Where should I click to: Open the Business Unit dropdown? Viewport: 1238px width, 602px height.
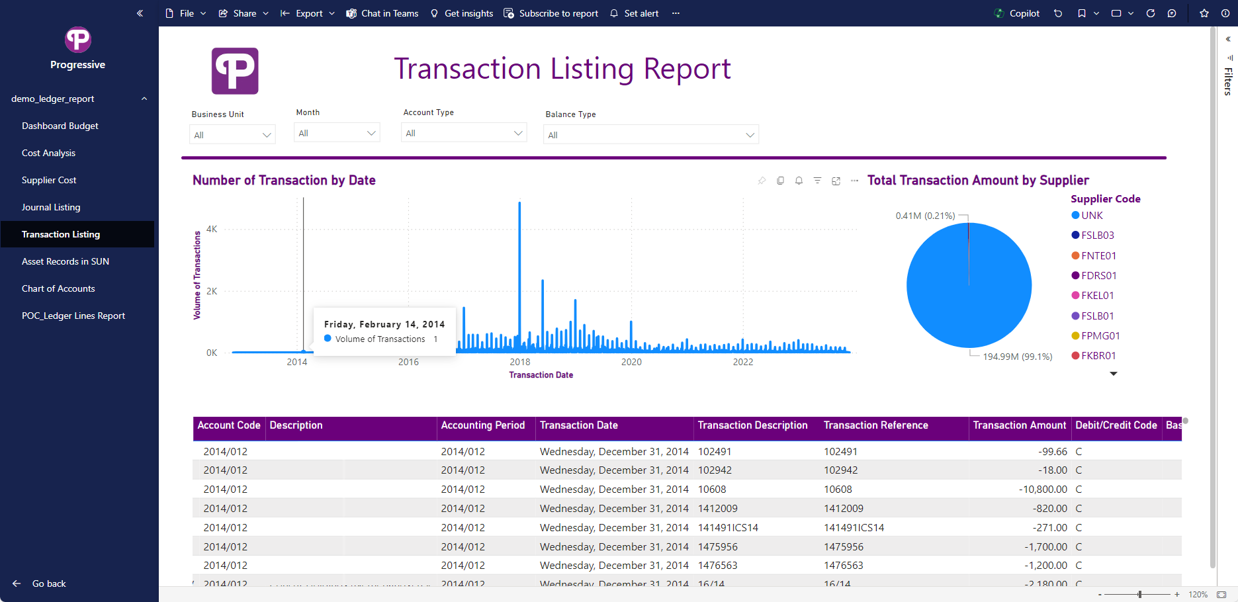pyautogui.click(x=232, y=135)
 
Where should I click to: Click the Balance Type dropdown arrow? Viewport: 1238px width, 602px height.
pyautogui.click(x=750, y=135)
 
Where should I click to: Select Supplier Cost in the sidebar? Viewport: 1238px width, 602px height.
pyautogui.click(x=49, y=180)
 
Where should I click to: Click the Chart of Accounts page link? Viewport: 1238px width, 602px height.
pyautogui.click(x=58, y=288)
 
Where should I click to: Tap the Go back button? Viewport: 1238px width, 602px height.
pyautogui.click(x=40, y=583)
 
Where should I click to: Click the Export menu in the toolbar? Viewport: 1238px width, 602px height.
pyautogui.click(x=308, y=13)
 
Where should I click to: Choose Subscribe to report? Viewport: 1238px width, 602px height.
pyautogui.click(x=551, y=13)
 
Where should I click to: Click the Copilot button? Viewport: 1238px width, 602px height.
pyautogui.click(x=1017, y=13)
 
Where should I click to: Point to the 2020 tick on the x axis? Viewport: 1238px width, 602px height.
pyautogui.click(x=631, y=362)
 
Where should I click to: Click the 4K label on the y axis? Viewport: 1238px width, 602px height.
pyautogui.click(x=212, y=230)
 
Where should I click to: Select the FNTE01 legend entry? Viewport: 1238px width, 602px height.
pyautogui.click(x=1098, y=256)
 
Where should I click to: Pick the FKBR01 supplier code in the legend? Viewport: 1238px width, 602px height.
pyautogui.click(x=1098, y=356)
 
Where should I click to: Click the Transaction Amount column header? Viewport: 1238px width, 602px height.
pyautogui.click(x=1019, y=425)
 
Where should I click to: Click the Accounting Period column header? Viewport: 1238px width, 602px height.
pyautogui.click(x=483, y=425)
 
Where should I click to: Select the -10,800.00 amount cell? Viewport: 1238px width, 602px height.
pyautogui.click(x=1043, y=490)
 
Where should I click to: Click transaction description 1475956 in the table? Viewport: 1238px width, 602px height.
pyautogui.click(x=718, y=547)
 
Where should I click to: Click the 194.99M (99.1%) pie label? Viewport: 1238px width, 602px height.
pyautogui.click(x=1017, y=357)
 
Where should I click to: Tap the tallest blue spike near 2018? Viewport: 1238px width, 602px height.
pyautogui.click(x=519, y=265)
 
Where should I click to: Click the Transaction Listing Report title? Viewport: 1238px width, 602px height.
pyautogui.click(x=562, y=69)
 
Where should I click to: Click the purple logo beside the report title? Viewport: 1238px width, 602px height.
pyautogui.click(x=235, y=71)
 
